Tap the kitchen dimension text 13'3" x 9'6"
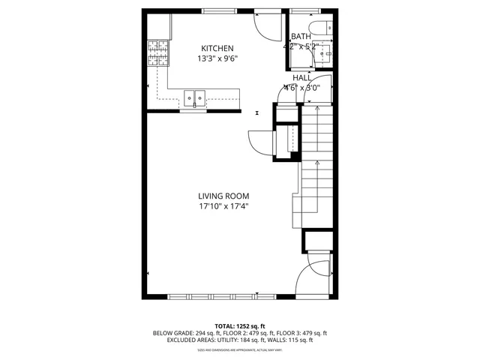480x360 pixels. click(217, 58)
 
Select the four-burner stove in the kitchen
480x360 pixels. click(157, 54)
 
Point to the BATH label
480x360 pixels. click(301, 36)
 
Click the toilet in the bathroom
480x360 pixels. click(316, 28)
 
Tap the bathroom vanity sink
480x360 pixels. click(325, 53)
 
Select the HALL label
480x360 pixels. click(301, 77)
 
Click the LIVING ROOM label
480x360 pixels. click(223, 196)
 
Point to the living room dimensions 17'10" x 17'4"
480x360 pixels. click(223, 206)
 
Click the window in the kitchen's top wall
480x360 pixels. click(217, 11)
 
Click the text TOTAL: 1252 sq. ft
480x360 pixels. click(239, 326)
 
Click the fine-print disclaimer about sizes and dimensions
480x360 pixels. click(239, 349)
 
